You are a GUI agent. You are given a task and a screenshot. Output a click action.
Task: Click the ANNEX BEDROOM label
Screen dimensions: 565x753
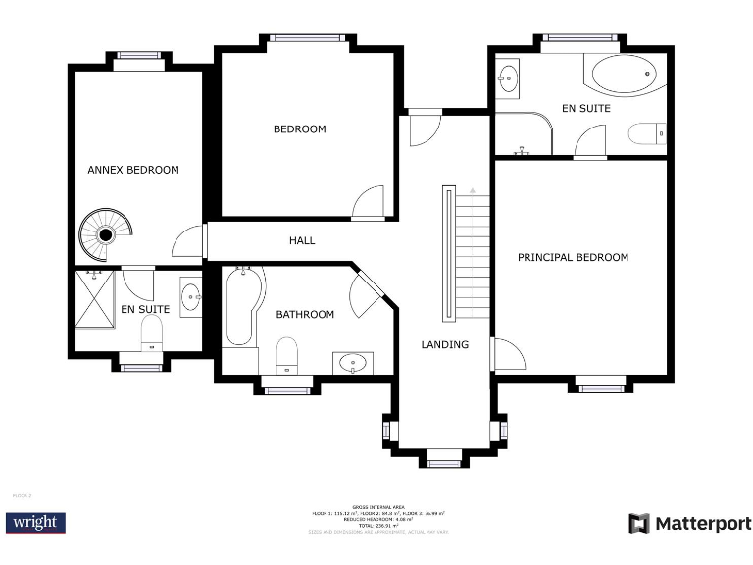[x=133, y=170]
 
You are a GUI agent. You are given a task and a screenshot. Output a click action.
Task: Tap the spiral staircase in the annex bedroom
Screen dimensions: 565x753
[x=104, y=233]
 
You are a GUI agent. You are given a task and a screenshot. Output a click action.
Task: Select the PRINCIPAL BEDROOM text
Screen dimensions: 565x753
[x=573, y=257]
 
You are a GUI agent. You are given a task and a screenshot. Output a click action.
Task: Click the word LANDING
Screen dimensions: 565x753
[x=444, y=344]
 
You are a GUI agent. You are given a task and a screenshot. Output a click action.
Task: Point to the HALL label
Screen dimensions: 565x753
[x=302, y=240]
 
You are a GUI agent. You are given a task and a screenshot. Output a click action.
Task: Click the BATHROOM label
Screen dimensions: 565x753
[x=305, y=314]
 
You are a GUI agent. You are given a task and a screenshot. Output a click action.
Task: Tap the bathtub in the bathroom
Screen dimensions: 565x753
[x=241, y=306]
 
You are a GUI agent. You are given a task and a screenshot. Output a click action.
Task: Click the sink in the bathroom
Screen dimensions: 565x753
[x=352, y=363]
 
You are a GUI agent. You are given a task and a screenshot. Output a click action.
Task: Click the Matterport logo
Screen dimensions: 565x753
[x=689, y=523]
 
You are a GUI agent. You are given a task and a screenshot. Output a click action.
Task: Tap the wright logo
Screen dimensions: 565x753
[x=34, y=522]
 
